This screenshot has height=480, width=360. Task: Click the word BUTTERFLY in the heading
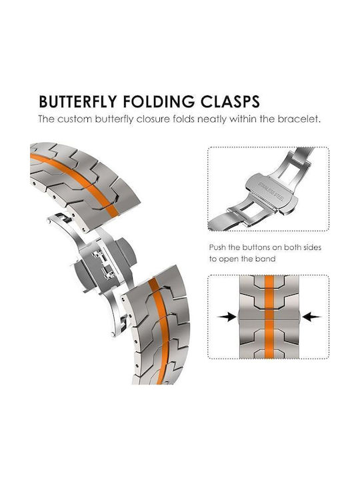78,102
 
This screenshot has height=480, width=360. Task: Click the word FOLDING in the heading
159,102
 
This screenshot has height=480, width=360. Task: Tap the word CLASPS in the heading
230,102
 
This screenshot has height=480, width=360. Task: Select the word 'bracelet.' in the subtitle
299,119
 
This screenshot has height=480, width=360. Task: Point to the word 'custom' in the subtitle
75,119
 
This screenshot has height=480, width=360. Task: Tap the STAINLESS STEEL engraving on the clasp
271,191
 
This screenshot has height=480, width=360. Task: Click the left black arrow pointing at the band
227,317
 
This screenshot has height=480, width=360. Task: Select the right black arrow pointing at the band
311,317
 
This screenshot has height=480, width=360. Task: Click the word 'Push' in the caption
218,247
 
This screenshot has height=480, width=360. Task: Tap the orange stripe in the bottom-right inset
269,317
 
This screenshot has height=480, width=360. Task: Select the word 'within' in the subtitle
243,119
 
